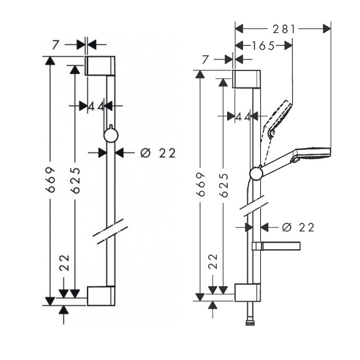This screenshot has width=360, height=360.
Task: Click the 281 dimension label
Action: [284, 29]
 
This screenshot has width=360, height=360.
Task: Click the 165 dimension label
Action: [263, 46]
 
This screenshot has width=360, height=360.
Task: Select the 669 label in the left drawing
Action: [50, 179]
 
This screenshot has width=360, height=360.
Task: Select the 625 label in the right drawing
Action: [224, 185]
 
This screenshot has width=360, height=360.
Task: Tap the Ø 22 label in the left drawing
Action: [158, 153]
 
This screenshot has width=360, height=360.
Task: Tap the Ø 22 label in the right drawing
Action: [298, 228]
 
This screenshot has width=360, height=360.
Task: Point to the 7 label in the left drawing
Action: [55, 45]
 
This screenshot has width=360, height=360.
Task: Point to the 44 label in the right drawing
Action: [243, 118]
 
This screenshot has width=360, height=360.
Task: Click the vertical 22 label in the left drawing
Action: [64, 263]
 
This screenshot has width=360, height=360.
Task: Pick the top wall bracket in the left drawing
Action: [100, 66]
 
